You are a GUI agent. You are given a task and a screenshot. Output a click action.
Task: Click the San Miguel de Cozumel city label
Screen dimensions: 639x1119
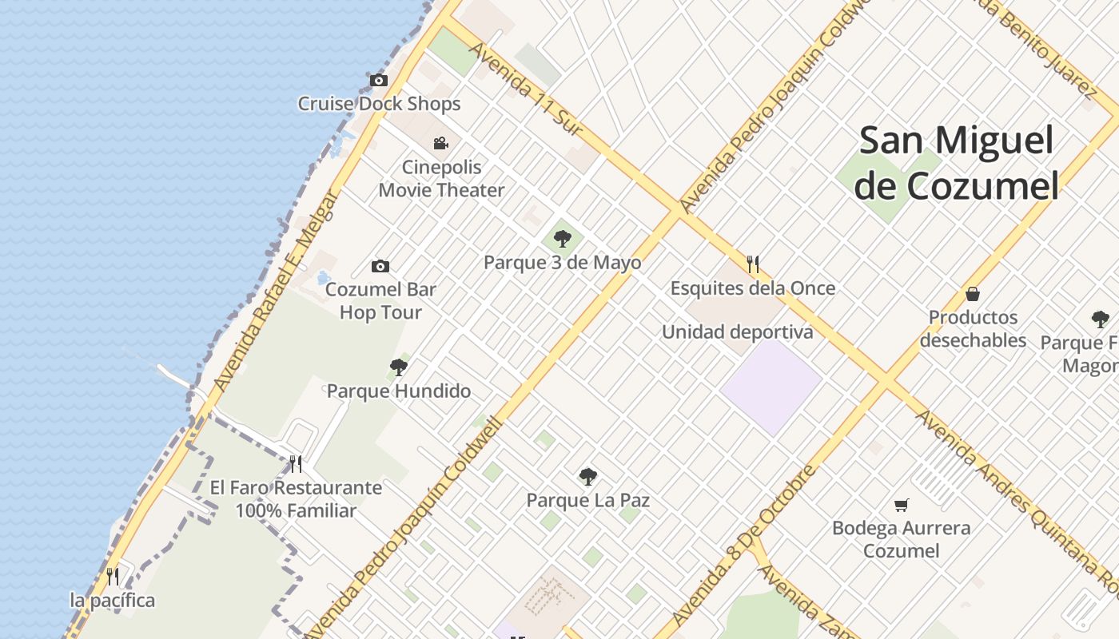coord(956,163)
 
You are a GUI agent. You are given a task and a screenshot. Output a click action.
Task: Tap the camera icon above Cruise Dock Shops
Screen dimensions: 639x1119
coord(378,80)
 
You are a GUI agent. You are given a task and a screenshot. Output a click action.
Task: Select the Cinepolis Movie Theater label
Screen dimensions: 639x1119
coord(441,178)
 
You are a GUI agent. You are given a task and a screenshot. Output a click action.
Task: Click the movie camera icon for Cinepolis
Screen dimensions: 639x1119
coord(440,143)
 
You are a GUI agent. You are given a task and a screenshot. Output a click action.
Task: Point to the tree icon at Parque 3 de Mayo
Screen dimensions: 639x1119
coord(563,238)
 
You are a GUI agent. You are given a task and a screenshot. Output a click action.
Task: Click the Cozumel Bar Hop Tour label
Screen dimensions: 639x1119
coord(380,301)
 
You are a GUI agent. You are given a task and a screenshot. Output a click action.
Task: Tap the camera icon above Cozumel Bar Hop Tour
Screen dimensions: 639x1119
coord(380,266)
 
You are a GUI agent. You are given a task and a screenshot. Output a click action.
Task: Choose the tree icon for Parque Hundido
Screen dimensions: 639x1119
coord(398,367)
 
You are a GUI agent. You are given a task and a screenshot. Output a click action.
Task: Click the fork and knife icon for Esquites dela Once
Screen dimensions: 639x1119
coord(752,264)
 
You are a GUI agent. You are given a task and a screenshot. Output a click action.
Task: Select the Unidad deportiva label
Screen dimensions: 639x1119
coord(737,331)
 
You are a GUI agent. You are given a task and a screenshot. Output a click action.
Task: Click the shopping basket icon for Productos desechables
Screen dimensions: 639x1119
coord(973,294)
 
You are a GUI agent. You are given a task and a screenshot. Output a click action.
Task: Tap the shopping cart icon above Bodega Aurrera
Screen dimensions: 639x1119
coord(902,504)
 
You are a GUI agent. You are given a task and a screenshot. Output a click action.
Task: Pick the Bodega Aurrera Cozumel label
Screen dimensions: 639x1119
coord(902,539)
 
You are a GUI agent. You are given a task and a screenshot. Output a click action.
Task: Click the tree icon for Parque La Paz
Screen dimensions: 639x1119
coord(587,477)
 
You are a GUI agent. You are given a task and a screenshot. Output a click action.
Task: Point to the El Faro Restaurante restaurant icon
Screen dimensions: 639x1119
coord(296,463)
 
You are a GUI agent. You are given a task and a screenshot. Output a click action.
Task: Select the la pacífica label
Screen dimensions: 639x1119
coord(113,600)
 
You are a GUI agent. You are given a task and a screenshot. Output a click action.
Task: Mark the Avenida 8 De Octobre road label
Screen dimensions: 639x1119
coord(744,546)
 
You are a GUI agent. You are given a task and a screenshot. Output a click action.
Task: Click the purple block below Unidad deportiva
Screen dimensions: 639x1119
coord(771,387)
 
